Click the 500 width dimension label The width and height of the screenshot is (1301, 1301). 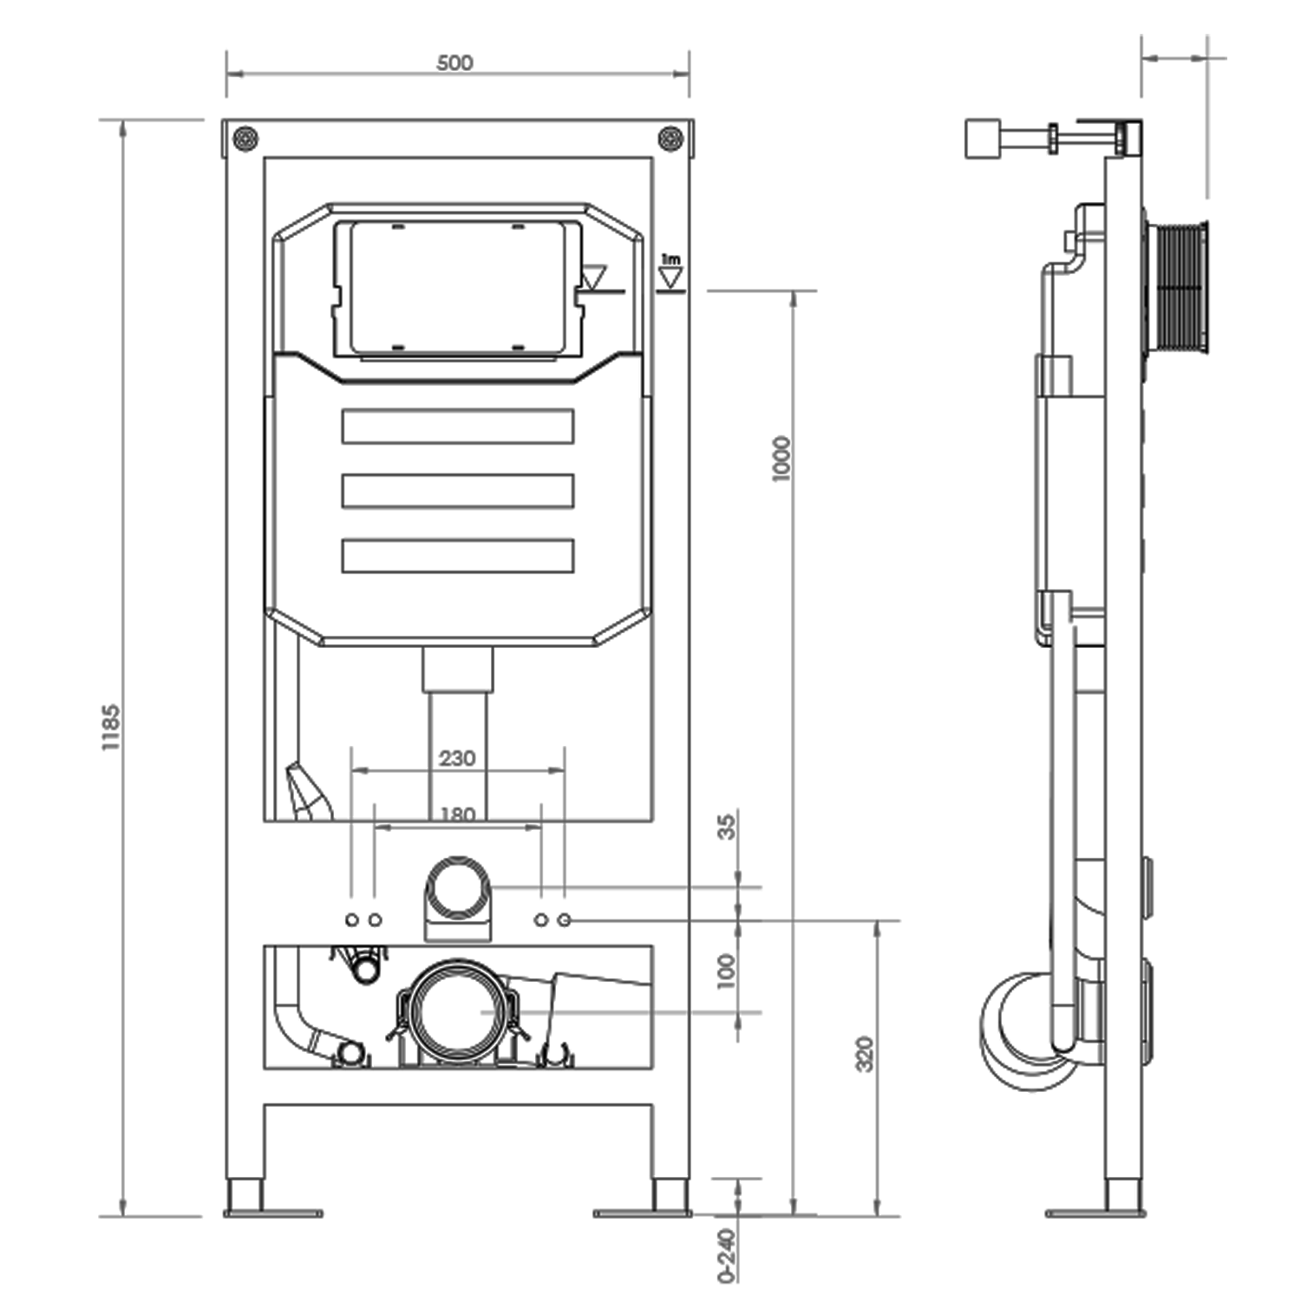coord(454,62)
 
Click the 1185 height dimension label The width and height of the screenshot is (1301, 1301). coord(111,727)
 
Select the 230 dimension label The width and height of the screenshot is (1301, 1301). coord(457,758)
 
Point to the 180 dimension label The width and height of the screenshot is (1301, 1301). coord(457,814)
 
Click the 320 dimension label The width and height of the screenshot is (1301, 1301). coord(865,1053)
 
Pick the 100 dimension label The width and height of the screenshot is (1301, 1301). coord(727,971)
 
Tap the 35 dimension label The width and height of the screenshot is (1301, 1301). coord(727,826)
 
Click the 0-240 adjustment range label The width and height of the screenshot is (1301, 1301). coord(727,1254)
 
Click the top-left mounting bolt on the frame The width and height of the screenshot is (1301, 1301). coord(246,138)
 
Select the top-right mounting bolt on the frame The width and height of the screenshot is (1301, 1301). coord(670,138)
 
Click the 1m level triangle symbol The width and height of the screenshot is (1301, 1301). coord(670,275)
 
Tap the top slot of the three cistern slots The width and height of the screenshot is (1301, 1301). coord(457,426)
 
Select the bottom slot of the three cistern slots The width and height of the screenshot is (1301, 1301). coord(457,556)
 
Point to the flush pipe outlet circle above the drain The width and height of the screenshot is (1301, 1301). coord(457,888)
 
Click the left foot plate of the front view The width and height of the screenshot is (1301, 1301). coord(272,1213)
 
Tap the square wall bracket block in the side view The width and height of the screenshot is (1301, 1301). coord(983,139)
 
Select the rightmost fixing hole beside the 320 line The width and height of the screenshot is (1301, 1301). coord(565,919)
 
